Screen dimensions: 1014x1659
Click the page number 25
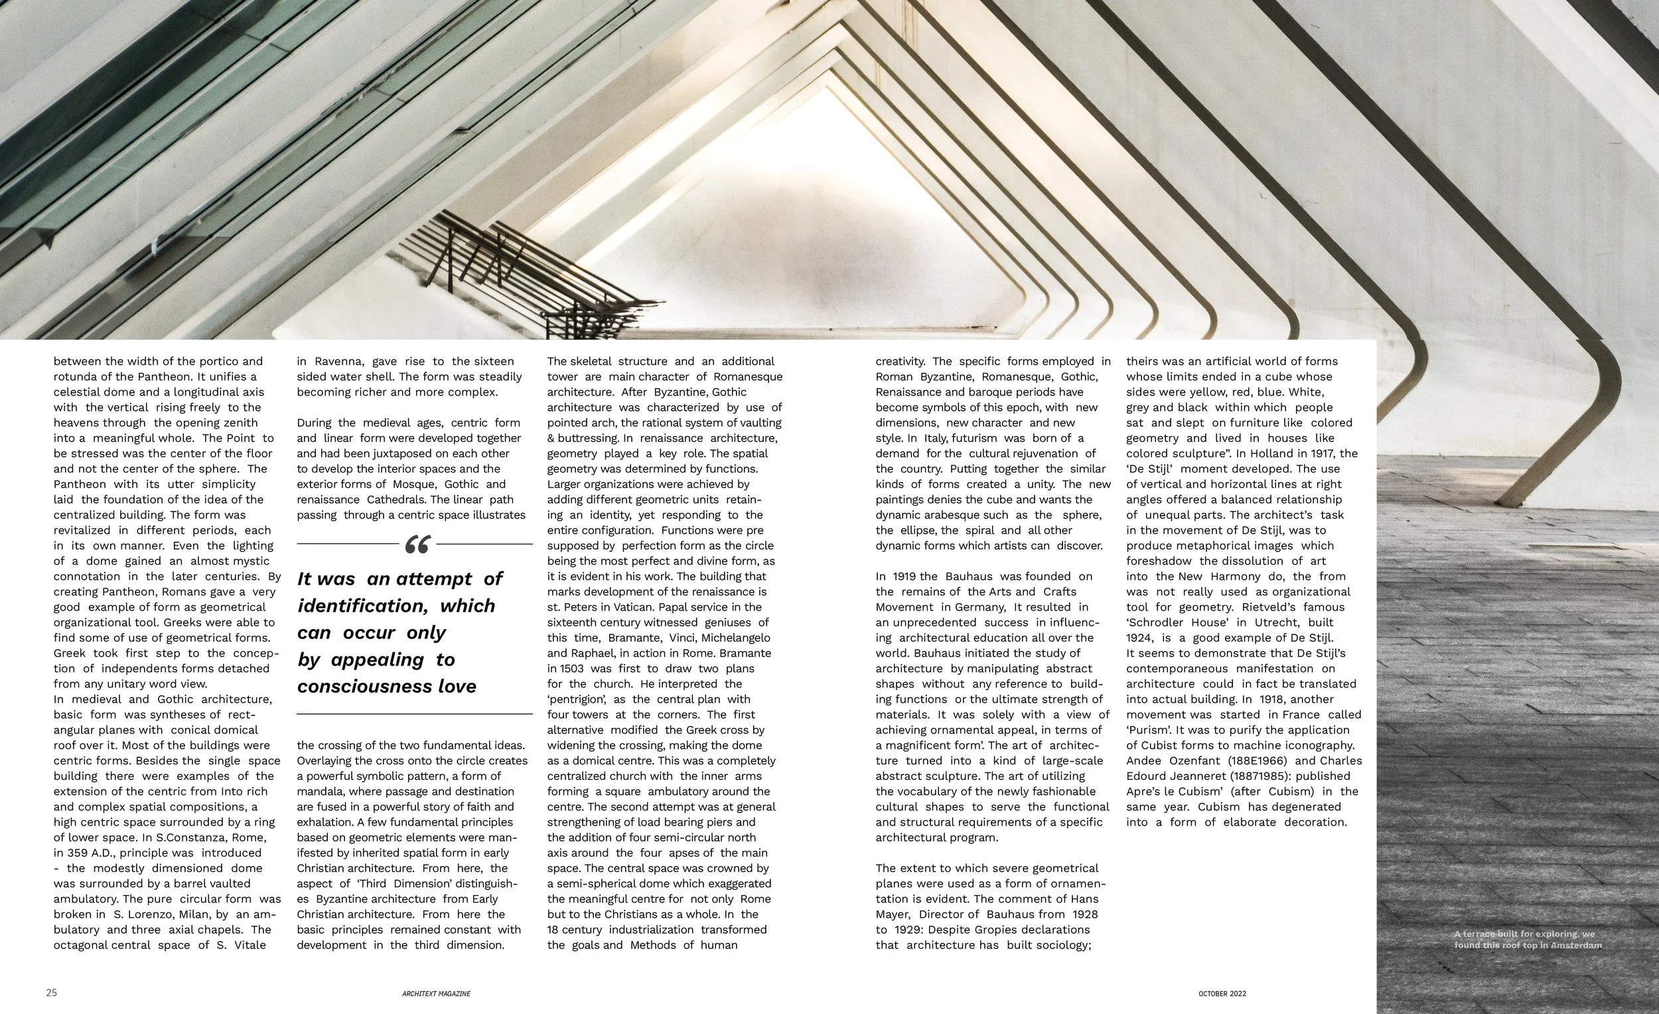click(52, 993)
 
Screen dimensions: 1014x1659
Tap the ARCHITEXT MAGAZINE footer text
click(431, 994)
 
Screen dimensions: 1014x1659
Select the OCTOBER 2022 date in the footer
click(1222, 994)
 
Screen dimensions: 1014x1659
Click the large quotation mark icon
click(417, 545)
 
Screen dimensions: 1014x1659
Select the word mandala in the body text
click(320, 792)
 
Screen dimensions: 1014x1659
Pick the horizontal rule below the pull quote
click(415, 713)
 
